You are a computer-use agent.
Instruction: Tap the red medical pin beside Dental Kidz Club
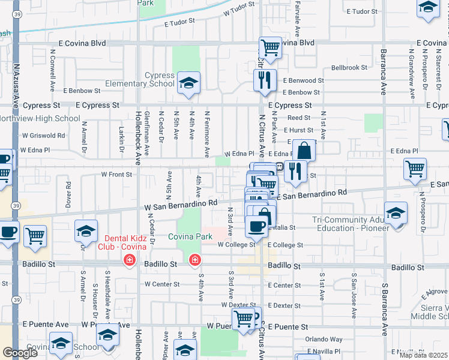[128, 260]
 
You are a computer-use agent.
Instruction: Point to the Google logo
[19, 352]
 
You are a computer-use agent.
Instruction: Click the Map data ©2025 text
[424, 355]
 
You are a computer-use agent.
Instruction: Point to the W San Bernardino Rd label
[180, 206]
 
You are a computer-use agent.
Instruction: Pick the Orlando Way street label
[324, 339]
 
